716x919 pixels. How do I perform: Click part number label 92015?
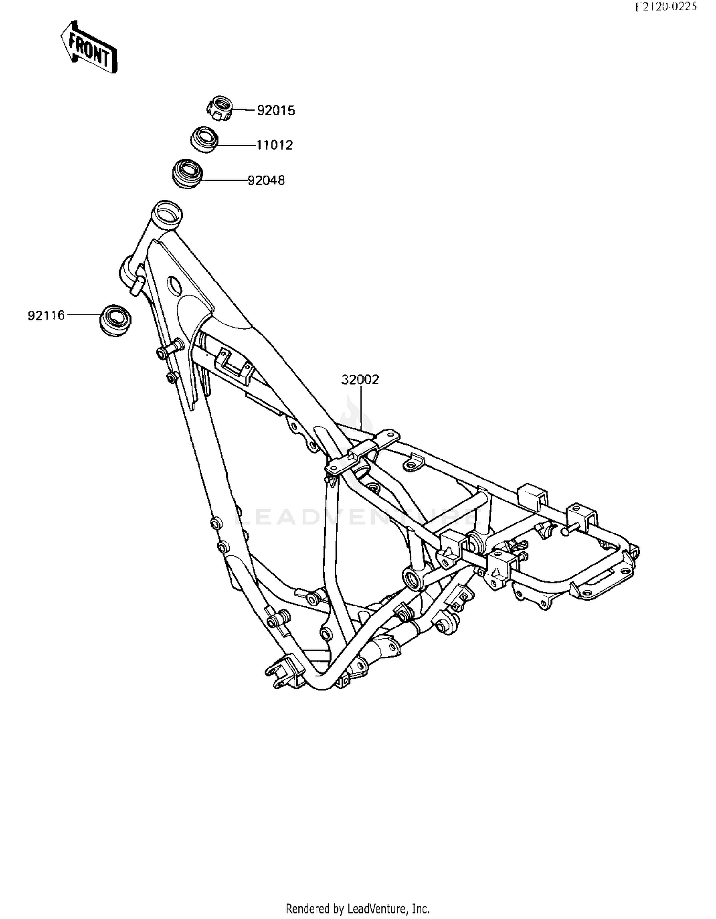[276, 111]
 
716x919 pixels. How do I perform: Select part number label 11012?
[274, 145]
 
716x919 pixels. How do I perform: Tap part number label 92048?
[266, 180]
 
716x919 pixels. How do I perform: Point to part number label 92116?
[46, 315]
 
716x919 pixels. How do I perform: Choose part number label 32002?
[360, 379]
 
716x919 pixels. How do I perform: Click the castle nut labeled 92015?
[220, 108]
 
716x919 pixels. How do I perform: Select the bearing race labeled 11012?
[205, 140]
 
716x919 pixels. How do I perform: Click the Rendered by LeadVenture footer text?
[358, 909]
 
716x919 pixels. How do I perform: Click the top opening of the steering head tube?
[167, 211]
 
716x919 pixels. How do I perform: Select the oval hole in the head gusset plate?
[174, 286]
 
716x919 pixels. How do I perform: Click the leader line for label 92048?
[224, 180]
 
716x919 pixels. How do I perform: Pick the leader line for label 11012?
[236, 145]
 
